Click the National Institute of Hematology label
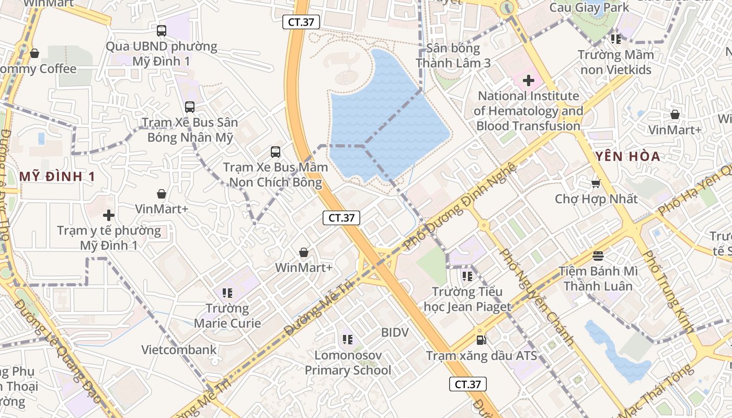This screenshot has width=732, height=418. [x=528, y=111]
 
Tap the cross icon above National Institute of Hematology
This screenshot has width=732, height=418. [x=529, y=80]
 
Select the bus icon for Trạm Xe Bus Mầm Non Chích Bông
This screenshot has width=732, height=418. [x=276, y=152]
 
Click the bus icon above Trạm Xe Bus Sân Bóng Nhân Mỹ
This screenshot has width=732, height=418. [x=190, y=107]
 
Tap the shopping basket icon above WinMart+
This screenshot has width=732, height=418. [x=304, y=253]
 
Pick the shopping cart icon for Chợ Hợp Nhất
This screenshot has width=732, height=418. [x=596, y=183]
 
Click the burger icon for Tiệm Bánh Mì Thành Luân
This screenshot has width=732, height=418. [x=598, y=256]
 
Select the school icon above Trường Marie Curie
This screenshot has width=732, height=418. [x=227, y=293]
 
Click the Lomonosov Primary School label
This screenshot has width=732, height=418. [x=348, y=363]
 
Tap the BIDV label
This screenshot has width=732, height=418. [x=395, y=332]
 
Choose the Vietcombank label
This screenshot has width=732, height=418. [x=179, y=350]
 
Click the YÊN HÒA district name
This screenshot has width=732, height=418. [x=627, y=156]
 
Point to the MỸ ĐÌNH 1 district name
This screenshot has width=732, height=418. [x=58, y=177]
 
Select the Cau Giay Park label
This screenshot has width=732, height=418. [x=589, y=8]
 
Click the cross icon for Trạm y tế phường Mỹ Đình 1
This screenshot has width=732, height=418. [x=109, y=215]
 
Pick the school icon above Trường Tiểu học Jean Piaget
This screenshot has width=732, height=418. [x=467, y=276]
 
